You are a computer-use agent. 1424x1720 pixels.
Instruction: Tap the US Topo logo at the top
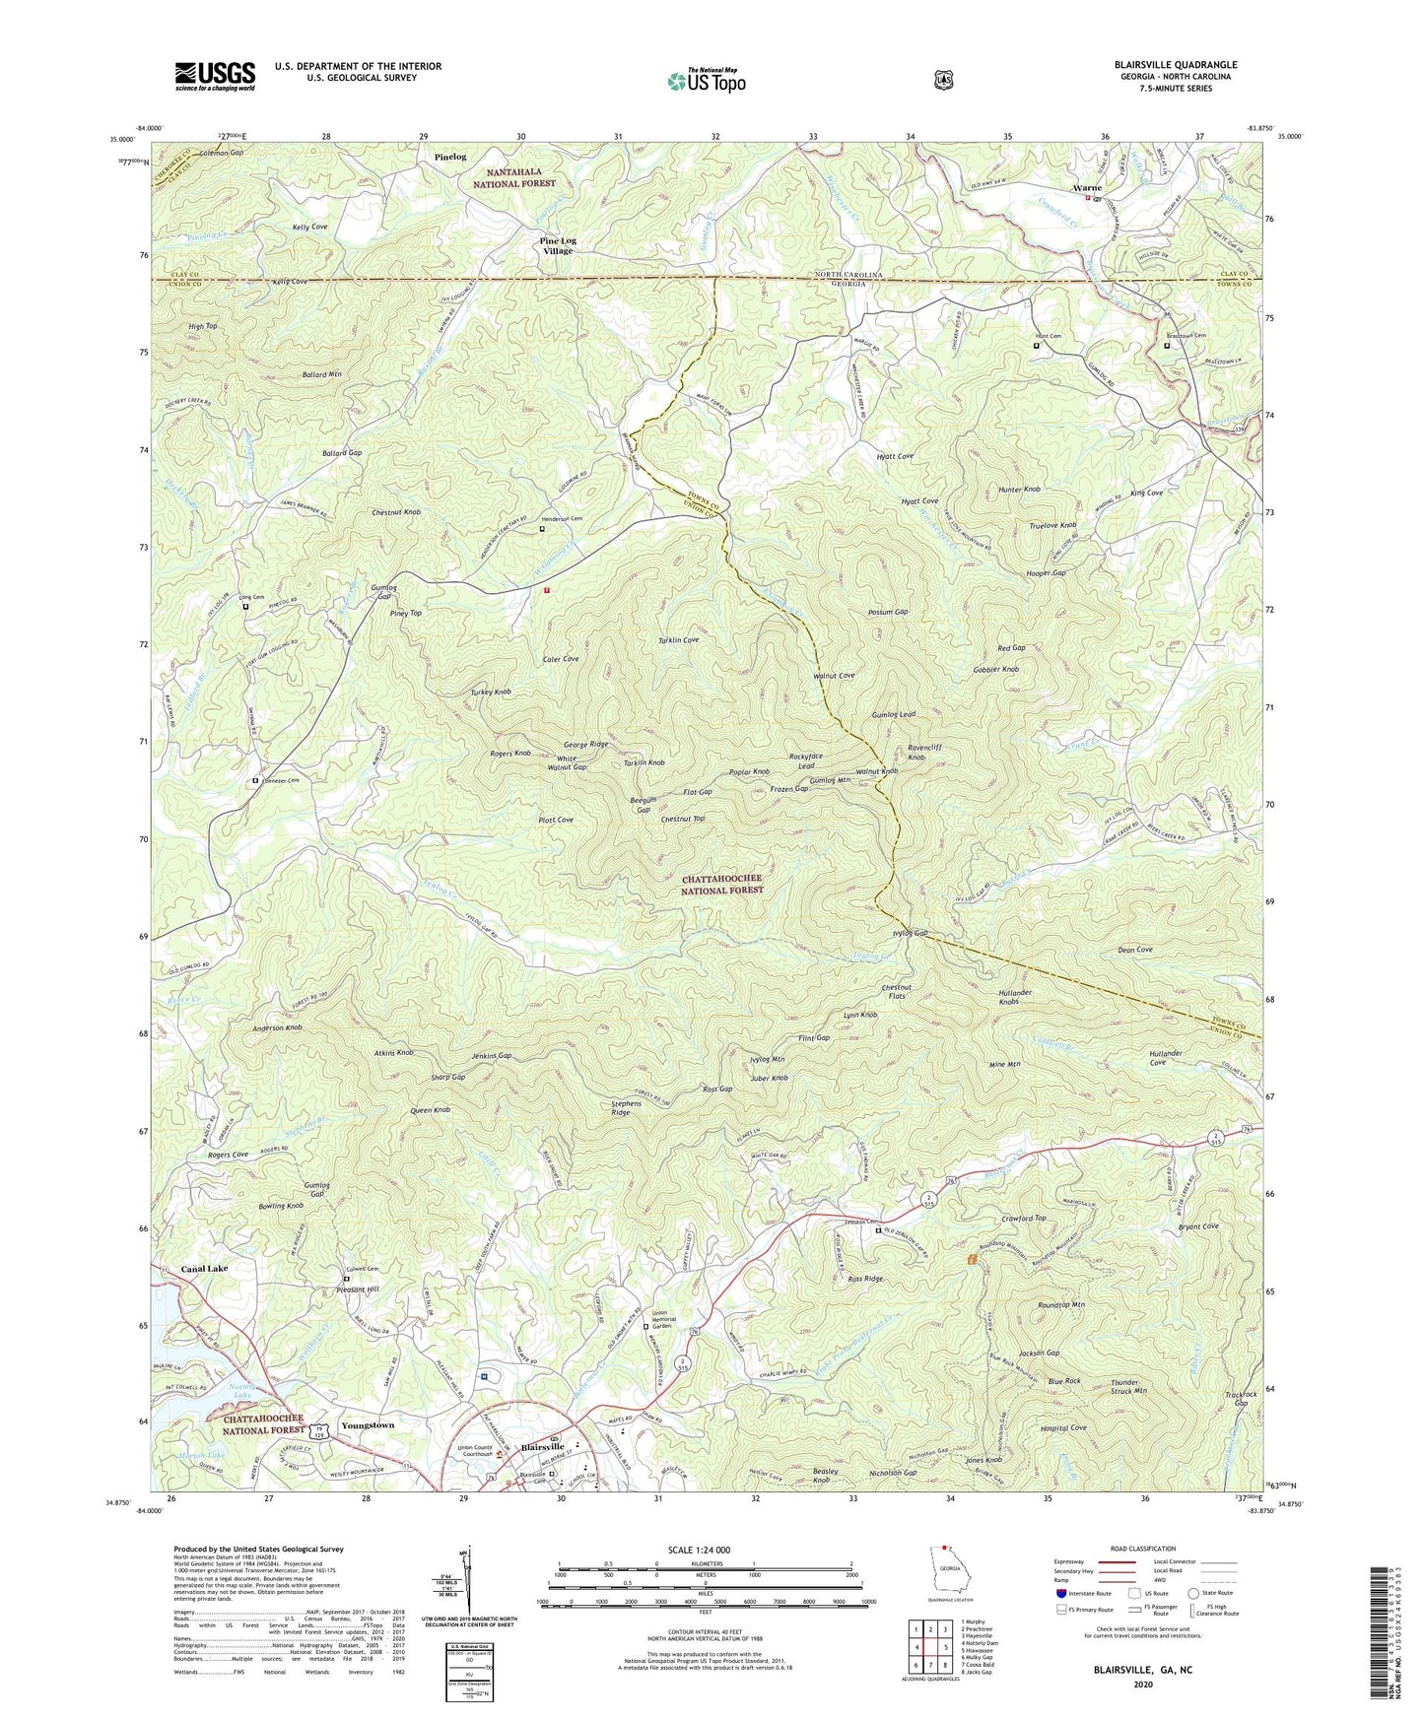[705, 81]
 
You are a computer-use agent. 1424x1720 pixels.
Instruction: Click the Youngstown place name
[367, 1424]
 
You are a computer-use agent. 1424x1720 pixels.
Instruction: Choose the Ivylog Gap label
[908, 933]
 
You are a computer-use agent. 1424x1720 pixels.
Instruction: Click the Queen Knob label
[430, 1109]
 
